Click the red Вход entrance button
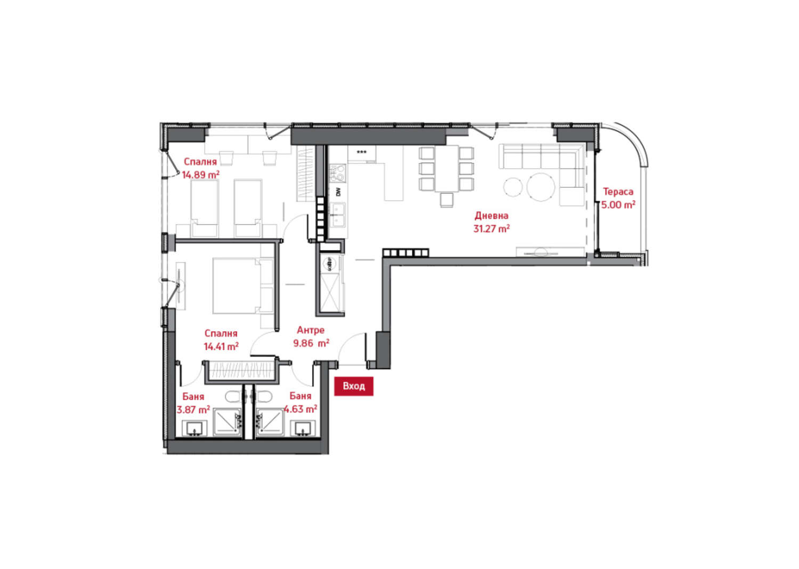tap(354, 386)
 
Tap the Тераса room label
tap(618, 192)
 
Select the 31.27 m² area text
tap(491, 228)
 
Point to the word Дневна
tap(491, 216)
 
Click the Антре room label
tap(311, 330)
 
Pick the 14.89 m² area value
tap(200, 175)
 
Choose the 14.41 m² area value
tap(221, 346)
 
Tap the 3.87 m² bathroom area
tap(193, 410)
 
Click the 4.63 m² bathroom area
tap(300, 409)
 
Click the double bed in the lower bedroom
tap(243, 286)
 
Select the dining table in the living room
tap(446, 168)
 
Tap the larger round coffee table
tap(541, 187)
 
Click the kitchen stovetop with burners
tap(338, 174)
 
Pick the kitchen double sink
tap(338, 216)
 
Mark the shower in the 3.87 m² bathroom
tap(227, 422)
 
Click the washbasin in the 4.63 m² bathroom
tap(303, 428)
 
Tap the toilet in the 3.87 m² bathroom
tap(234, 397)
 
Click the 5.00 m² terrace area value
tap(618, 205)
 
